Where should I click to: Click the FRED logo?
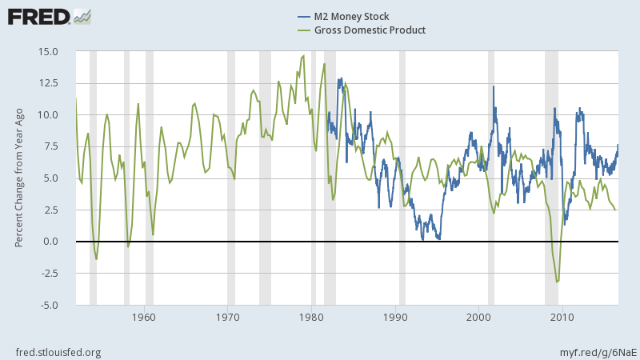coord(48,16)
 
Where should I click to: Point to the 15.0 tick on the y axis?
coord(49,51)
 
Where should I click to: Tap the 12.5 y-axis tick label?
coord(49,83)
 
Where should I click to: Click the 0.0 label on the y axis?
coord(51,242)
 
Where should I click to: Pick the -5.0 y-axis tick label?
coord(49,305)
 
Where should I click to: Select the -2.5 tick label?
coord(49,274)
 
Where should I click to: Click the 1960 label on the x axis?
coord(145,317)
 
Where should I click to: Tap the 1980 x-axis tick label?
coord(311,317)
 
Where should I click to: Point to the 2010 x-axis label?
coord(562,317)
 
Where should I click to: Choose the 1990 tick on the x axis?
coord(395,317)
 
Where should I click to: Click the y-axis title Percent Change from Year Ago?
coord(18,178)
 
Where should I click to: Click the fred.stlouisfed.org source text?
coord(58,352)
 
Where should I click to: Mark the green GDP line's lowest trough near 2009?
coord(557,282)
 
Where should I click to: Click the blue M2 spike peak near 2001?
coord(494,86)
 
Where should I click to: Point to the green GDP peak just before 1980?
coord(303,56)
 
